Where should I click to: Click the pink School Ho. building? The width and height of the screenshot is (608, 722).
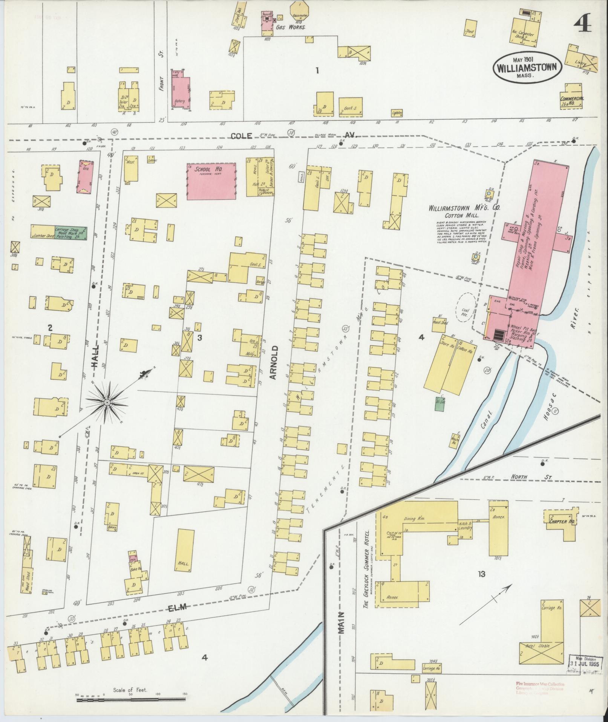pyautogui.click(x=212, y=181)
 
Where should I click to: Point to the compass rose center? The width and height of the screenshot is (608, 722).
pyautogui.click(x=107, y=403)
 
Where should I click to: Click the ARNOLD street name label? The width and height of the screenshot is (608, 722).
pyautogui.click(x=274, y=362)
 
